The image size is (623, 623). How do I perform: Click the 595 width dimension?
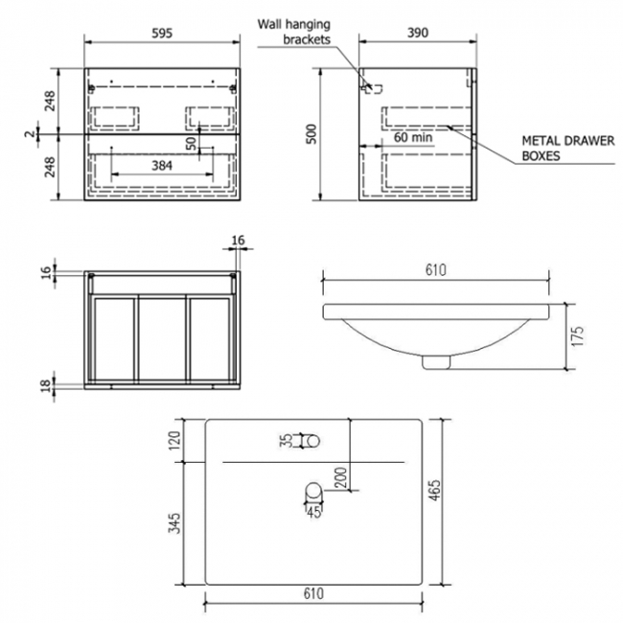click(x=162, y=32)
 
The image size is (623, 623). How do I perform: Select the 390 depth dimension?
click(x=416, y=32)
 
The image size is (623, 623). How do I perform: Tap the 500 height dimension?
click(x=310, y=134)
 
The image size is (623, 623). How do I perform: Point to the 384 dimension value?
click(x=162, y=166)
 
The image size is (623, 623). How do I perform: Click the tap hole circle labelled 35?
click(x=311, y=441)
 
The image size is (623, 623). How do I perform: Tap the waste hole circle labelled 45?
click(x=311, y=493)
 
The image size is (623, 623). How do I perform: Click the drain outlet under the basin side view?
click(x=436, y=361)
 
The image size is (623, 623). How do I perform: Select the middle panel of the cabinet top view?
click(x=162, y=336)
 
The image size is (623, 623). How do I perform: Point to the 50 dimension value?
click(x=192, y=143)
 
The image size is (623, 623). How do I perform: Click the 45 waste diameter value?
click(x=312, y=510)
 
